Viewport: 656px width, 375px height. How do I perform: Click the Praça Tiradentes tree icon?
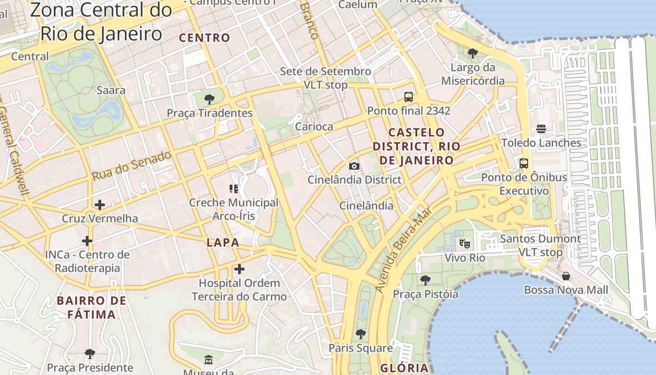coord(209,99)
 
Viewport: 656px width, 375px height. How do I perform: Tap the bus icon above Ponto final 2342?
coord(409,97)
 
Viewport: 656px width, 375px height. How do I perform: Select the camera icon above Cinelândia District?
coord(354,166)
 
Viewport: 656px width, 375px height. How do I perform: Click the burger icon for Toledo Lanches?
coord(541,129)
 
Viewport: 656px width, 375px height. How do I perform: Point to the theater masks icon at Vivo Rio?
coord(464,243)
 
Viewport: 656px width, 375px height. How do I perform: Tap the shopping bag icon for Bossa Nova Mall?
coord(566,276)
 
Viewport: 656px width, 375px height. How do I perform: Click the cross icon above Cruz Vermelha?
coord(99,205)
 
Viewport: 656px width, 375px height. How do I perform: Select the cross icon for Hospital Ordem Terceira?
coord(239,269)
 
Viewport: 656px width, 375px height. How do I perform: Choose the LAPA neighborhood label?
coord(223,243)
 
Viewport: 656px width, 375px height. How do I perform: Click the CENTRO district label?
coord(205,38)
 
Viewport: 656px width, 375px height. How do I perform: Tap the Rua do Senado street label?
coord(132,166)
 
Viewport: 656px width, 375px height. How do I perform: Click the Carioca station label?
coord(314,127)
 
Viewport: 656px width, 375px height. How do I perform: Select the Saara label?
coord(111,90)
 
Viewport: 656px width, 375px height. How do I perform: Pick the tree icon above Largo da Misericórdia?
coord(473,53)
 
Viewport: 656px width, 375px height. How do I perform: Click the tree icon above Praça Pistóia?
coord(425,280)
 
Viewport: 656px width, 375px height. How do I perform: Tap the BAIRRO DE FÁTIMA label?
coord(91,307)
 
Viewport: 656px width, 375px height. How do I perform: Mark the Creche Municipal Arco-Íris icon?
coord(234,189)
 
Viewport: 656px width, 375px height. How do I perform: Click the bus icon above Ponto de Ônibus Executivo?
coord(524,164)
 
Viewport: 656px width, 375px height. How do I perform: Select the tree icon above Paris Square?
coord(360,334)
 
